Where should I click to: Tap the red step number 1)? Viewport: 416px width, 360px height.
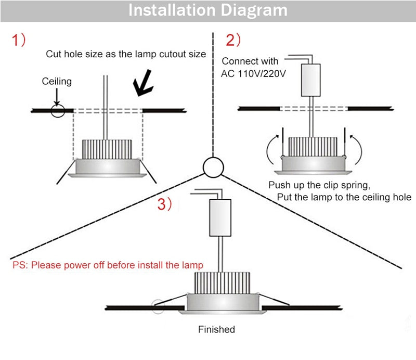pos(19,41)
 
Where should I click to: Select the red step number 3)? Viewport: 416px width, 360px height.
pos(164,205)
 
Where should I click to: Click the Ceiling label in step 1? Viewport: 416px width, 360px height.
pos(57,82)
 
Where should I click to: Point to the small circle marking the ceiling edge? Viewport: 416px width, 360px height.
pos(57,110)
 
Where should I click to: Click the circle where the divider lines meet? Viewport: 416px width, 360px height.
pos(212,167)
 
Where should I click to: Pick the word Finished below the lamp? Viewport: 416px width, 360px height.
pos(216,329)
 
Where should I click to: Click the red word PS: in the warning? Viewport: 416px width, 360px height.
pos(21,265)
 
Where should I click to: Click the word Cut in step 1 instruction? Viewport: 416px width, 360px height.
pos(54,54)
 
